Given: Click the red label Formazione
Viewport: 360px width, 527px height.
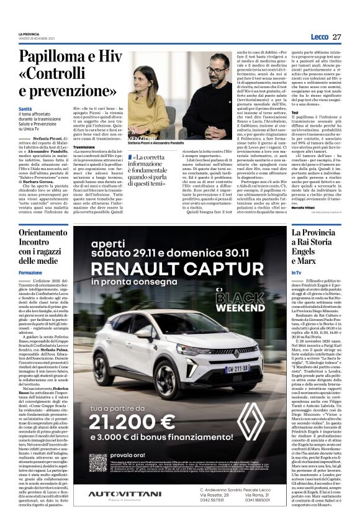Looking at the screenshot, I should pyautogui.click(x=30, y=273).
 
